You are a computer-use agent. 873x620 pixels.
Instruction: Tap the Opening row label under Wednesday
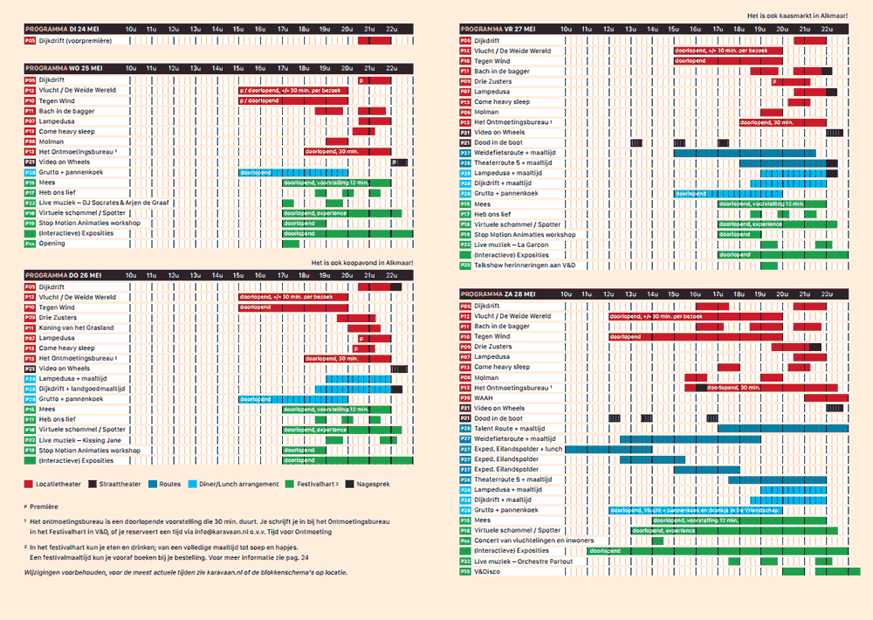(x=52, y=244)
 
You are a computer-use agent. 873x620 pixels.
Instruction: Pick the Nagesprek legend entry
(x=368, y=483)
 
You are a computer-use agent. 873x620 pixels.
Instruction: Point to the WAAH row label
(x=484, y=397)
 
